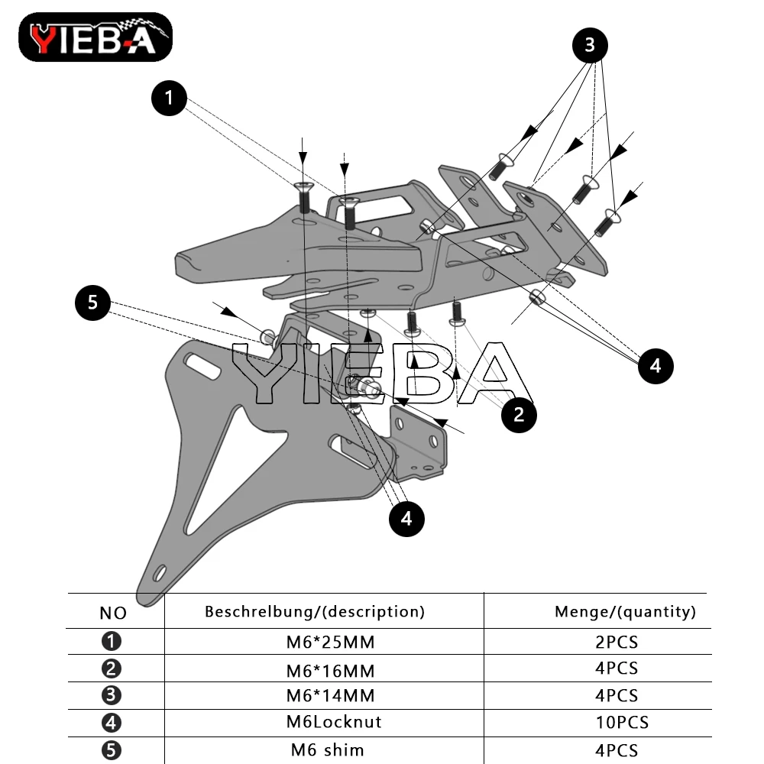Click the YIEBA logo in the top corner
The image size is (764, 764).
click(95, 37)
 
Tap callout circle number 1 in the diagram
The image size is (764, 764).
click(170, 99)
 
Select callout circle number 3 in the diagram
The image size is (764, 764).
click(590, 46)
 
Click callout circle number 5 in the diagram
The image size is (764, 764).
click(93, 303)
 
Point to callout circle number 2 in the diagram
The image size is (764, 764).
click(520, 415)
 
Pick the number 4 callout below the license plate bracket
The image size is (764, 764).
click(406, 520)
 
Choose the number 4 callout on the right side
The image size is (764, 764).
click(656, 366)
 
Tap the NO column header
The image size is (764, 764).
click(113, 613)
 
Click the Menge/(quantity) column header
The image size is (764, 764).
click(625, 611)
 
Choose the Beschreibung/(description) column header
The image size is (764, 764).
click(315, 611)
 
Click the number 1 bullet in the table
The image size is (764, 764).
click(112, 642)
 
